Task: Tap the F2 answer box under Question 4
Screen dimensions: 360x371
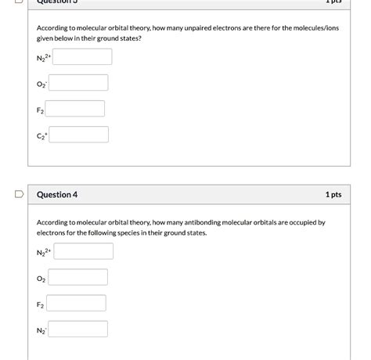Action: pos(77,303)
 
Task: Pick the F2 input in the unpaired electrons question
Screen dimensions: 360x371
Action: pos(77,109)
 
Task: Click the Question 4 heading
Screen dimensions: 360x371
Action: pos(57,194)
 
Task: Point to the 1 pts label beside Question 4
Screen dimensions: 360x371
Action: pos(333,194)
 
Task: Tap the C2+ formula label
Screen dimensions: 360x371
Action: pos(41,135)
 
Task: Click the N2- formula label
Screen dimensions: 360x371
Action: pos(41,331)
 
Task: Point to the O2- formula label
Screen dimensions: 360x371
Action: pos(41,83)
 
